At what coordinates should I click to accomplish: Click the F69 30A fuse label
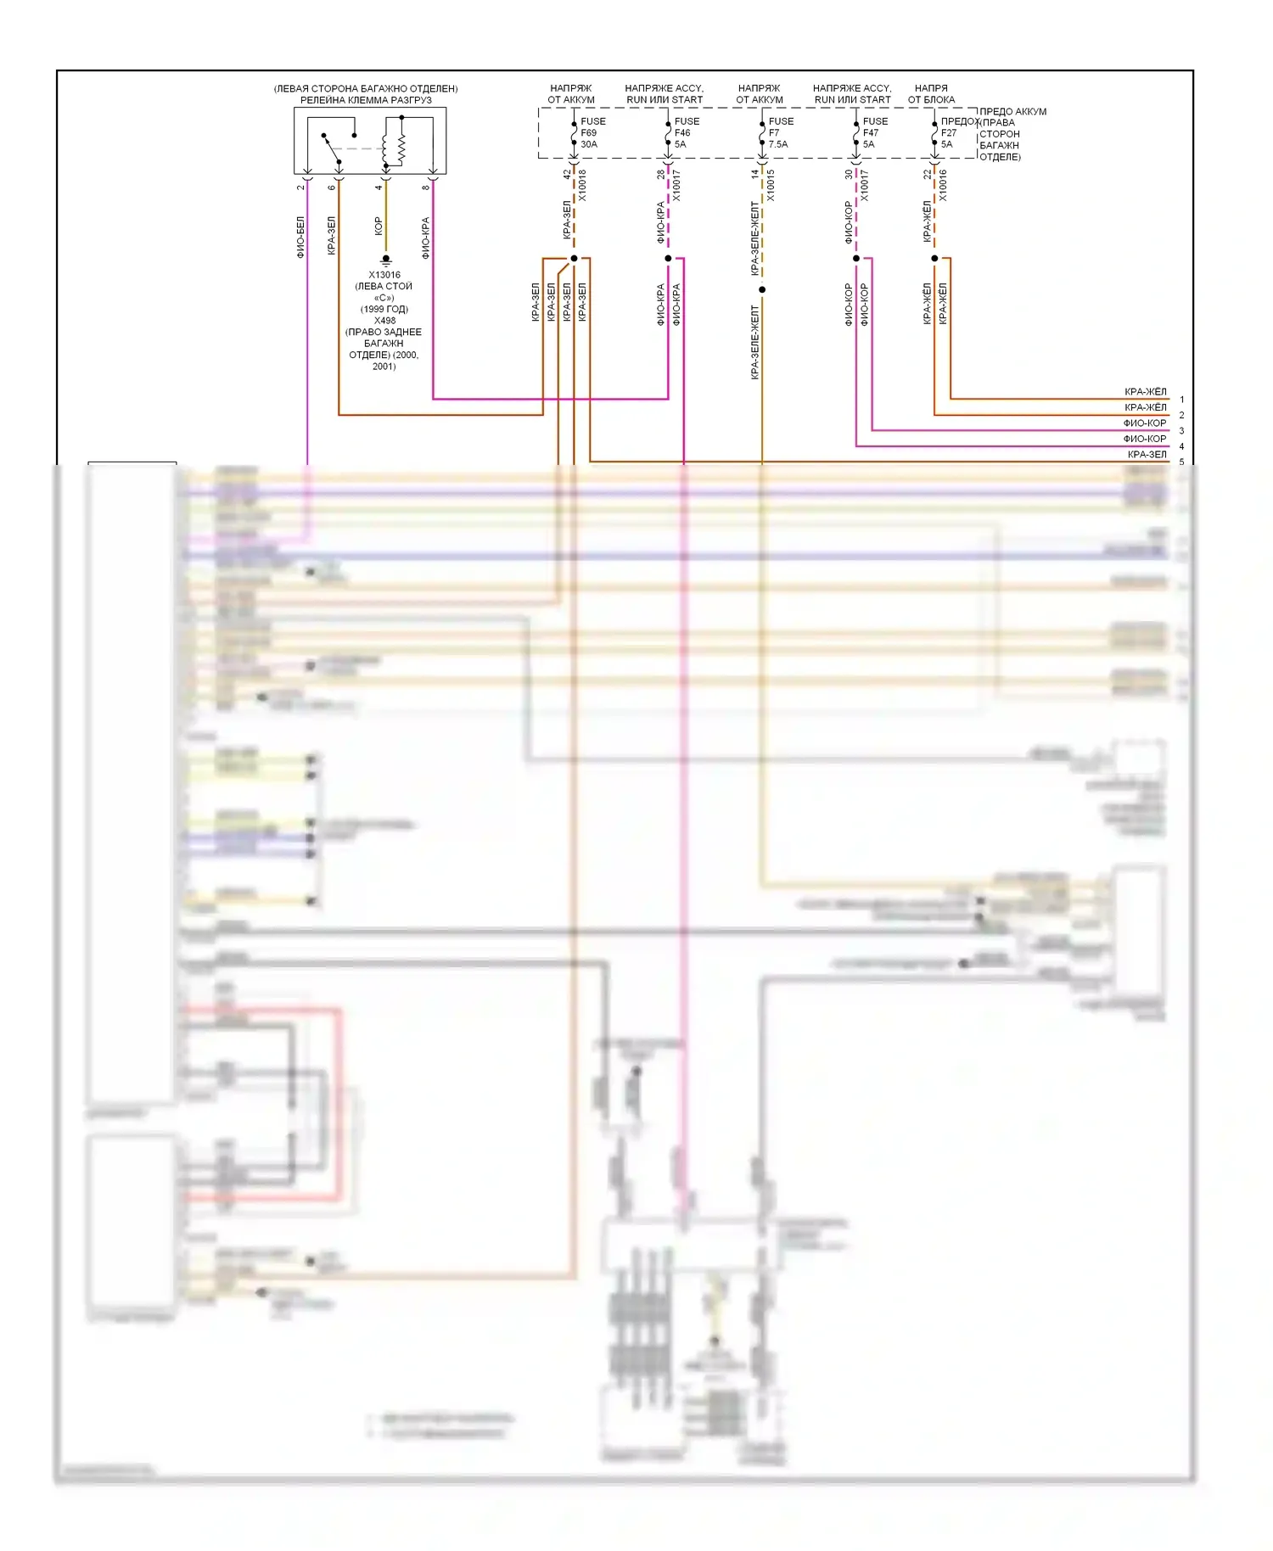coord(592,132)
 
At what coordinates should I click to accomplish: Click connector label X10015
coord(771,185)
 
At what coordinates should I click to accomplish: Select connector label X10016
coord(943,185)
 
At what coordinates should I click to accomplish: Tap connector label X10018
coord(582,185)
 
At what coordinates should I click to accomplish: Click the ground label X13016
coord(384,275)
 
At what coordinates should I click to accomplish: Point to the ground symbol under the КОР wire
coord(386,260)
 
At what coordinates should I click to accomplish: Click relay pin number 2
coord(300,188)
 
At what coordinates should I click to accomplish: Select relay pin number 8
coord(426,188)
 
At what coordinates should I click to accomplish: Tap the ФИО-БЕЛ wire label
coord(300,237)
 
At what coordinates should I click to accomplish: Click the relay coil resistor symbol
coord(401,148)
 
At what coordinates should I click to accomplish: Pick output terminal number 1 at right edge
coord(1181,400)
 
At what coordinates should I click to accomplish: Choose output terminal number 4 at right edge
coord(1181,446)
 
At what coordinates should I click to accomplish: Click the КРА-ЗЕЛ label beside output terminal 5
coord(1147,455)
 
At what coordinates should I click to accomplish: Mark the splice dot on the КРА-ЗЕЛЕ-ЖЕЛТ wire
coord(762,290)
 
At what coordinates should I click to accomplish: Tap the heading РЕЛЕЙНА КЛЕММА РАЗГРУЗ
coord(366,100)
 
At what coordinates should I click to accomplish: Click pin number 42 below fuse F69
coord(567,174)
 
